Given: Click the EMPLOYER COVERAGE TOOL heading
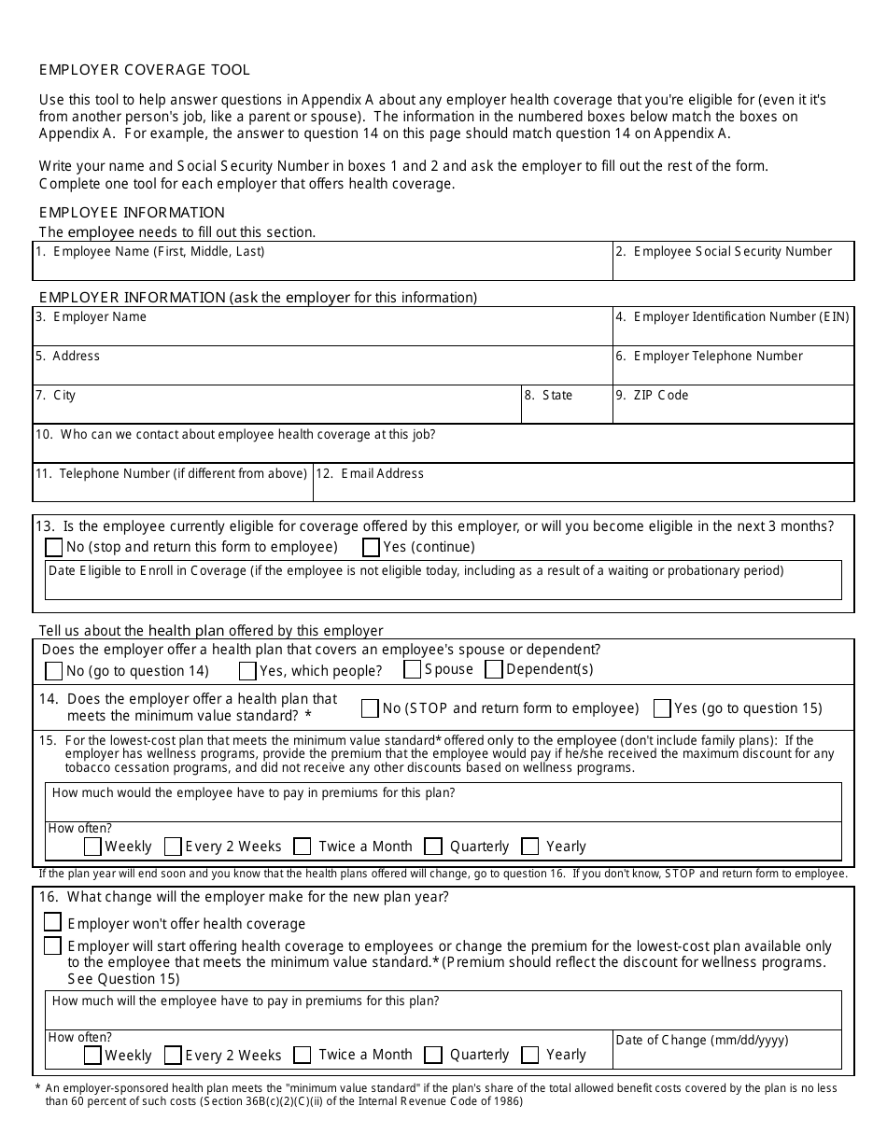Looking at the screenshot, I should click(x=145, y=70).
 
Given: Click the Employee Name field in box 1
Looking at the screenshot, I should click(x=322, y=267).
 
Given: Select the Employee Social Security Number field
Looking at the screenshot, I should click(x=733, y=267).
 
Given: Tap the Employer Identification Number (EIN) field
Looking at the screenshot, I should click(x=733, y=332).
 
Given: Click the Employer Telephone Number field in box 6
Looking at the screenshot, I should click(x=733, y=371).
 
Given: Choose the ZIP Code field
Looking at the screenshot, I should click(x=733, y=411).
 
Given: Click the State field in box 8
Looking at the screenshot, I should click(x=566, y=411).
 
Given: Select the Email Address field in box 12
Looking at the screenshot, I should click(x=583, y=488).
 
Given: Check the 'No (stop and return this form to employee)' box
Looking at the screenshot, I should click(x=54, y=547).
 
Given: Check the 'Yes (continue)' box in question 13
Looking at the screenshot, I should click(x=371, y=547).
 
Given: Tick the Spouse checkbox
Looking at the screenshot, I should click(x=412, y=669).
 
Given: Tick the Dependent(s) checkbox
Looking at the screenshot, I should click(x=494, y=669).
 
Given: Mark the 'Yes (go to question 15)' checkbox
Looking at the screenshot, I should click(x=662, y=708).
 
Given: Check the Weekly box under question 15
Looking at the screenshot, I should click(x=92, y=847).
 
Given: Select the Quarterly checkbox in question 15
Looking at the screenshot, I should click(x=432, y=847).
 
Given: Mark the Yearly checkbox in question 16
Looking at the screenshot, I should click(x=530, y=1055).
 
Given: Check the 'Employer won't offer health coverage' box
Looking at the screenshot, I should click(x=53, y=922).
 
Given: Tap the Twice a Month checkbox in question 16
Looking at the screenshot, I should click(x=302, y=1055).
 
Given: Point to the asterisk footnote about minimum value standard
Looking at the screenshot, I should click(x=439, y=1095).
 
